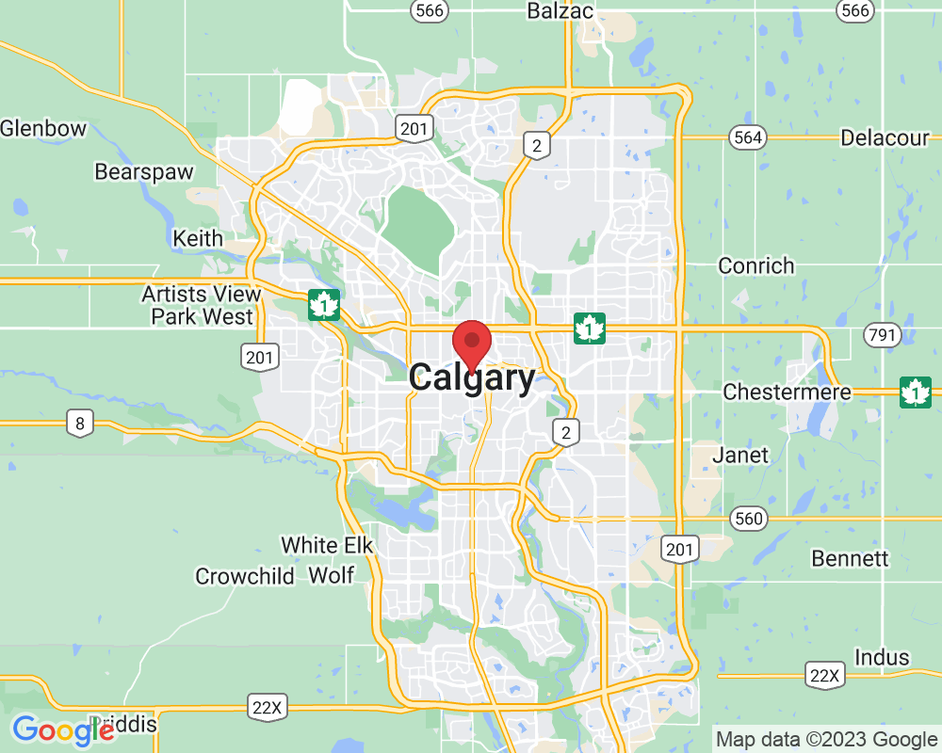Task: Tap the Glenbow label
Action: [43, 128]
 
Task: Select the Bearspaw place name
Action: [144, 172]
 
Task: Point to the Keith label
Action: [198, 239]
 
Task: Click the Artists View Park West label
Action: [202, 305]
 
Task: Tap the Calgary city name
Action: [472, 378]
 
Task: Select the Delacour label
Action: [885, 137]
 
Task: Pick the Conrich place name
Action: [755, 265]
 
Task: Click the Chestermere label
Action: [787, 392]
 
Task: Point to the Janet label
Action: [740, 456]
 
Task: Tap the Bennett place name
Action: [850, 558]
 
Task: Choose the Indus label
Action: [882, 657]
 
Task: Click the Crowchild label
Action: [245, 576]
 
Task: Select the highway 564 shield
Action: [747, 137]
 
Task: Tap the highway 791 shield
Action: [886, 335]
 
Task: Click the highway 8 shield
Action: [80, 424]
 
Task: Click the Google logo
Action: [63, 730]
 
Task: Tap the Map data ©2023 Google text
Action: [826, 739]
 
